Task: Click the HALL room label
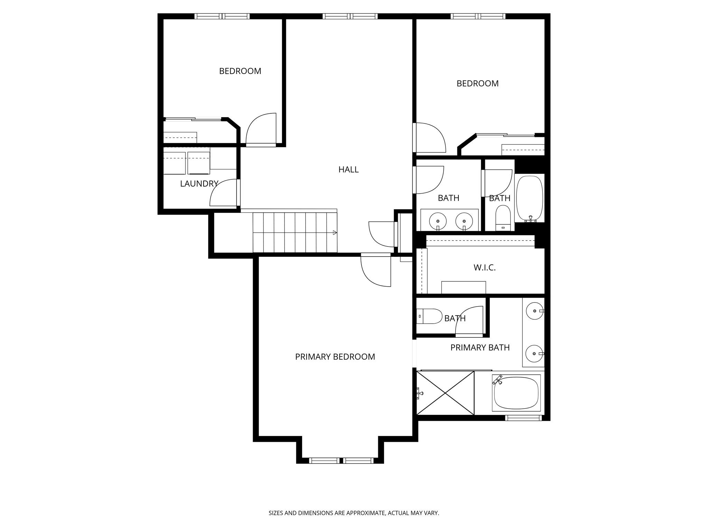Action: (x=348, y=169)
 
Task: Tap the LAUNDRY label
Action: (x=199, y=184)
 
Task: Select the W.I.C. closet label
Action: (x=485, y=268)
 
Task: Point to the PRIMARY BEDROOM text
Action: (x=335, y=357)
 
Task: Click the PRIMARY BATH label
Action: (x=480, y=348)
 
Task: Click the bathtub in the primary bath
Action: (x=516, y=393)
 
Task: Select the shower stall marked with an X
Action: (x=445, y=393)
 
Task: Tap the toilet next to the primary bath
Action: (x=429, y=316)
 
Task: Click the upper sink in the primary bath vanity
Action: (x=535, y=311)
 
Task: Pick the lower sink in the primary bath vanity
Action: (x=534, y=354)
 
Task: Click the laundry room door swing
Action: (x=223, y=193)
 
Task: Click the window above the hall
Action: (x=350, y=16)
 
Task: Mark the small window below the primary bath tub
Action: (x=523, y=418)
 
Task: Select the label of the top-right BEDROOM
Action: (x=477, y=83)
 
